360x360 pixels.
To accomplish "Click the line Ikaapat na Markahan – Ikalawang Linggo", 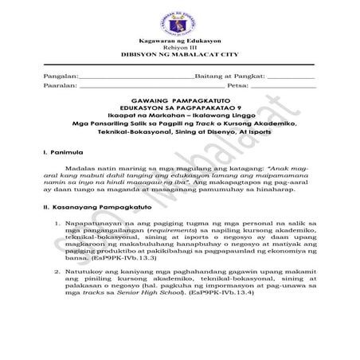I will (x=179, y=141).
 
